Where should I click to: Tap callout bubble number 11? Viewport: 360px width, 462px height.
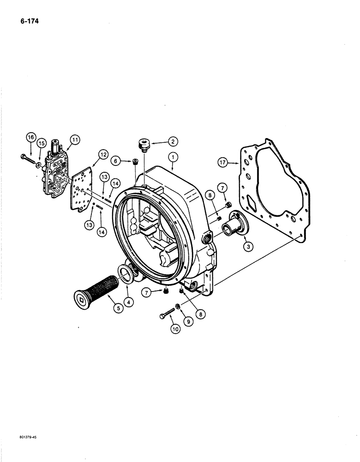tap(74, 139)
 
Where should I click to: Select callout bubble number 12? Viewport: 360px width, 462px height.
tap(102, 154)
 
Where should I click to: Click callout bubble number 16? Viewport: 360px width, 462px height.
tap(30, 137)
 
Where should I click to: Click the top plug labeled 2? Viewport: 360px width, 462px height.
tap(143, 144)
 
